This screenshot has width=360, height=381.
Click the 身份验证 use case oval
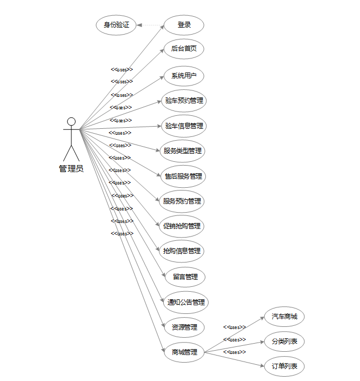point(116,25)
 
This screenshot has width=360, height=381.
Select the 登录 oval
point(184,25)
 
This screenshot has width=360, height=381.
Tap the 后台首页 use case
point(184,49)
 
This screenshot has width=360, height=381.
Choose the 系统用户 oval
point(184,76)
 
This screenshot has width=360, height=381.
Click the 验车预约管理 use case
point(184,101)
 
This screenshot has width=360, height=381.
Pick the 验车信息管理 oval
point(184,126)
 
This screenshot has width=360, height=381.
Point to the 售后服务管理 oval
point(184,176)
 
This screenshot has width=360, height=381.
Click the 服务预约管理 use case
point(182,201)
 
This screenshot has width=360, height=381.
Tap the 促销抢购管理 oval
point(182,226)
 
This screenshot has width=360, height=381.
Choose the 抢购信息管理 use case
point(182,251)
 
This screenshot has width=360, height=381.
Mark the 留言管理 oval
point(185,277)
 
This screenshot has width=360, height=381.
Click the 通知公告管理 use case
point(185,302)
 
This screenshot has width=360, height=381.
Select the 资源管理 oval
point(184,327)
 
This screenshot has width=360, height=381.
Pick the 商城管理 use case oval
point(184,352)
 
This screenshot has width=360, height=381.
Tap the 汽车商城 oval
point(284,317)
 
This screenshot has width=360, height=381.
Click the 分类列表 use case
point(284,341)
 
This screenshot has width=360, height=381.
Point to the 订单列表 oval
point(284,367)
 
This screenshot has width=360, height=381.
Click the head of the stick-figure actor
point(71,121)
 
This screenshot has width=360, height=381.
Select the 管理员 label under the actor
point(71,169)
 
